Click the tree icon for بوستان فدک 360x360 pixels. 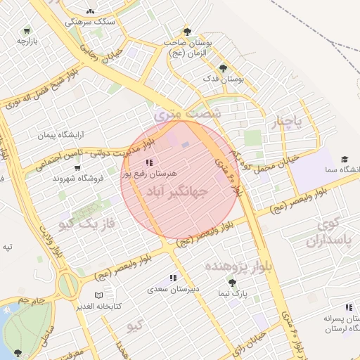223,68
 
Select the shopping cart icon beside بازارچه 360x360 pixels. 27,30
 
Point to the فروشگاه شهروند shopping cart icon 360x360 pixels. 77,167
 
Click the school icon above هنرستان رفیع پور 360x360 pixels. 148,162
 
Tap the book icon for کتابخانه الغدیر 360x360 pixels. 99,295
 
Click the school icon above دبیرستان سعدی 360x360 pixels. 173,278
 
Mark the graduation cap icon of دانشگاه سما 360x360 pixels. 345,160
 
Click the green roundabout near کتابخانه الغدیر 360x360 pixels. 69,285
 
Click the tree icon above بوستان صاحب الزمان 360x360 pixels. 187,31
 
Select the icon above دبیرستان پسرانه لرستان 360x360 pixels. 349,307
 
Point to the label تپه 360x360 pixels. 7,246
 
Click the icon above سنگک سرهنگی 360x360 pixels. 90,11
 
